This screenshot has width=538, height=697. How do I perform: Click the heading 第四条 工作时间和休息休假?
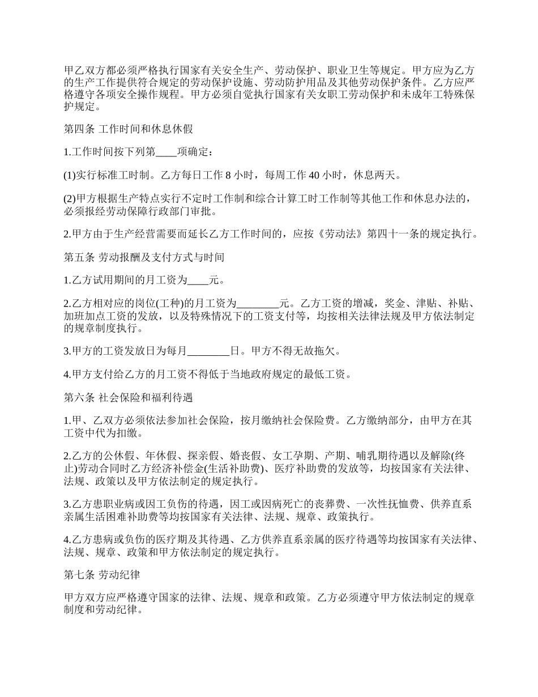pos(129,129)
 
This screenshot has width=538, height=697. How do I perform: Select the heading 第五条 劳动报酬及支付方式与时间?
pos(144,257)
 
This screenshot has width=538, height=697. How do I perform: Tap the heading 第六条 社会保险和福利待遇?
pos(129,398)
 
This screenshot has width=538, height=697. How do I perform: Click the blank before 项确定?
pos(166,152)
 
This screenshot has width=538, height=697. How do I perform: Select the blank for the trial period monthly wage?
pos(198,280)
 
